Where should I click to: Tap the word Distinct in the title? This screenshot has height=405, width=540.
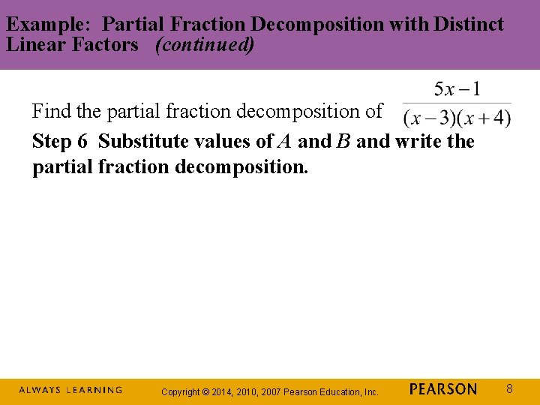pyautogui.click(x=472, y=24)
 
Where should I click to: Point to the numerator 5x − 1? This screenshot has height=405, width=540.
pyautogui.click(x=457, y=90)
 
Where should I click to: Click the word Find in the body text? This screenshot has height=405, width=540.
pyautogui.click(x=51, y=112)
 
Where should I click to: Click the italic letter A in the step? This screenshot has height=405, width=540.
pyautogui.click(x=285, y=141)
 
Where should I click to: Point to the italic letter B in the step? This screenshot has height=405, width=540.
pyautogui.click(x=343, y=141)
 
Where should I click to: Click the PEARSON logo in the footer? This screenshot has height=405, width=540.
pyautogui.click(x=443, y=389)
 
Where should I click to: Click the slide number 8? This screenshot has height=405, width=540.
pyautogui.click(x=509, y=389)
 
